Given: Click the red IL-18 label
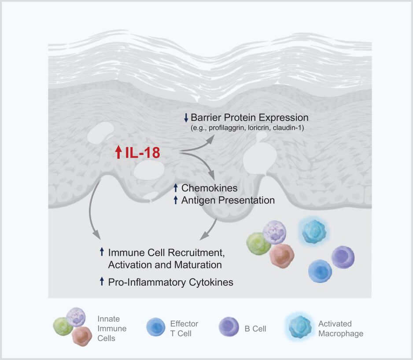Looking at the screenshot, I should click(142, 153).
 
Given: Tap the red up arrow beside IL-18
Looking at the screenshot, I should click(118, 153).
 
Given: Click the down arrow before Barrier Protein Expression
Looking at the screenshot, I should click(186, 118).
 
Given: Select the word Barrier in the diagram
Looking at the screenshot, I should click(205, 118).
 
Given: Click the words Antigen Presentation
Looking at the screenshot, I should click(228, 200).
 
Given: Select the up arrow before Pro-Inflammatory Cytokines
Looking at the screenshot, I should click(102, 281).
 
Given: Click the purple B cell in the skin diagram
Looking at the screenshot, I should click(343, 257).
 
